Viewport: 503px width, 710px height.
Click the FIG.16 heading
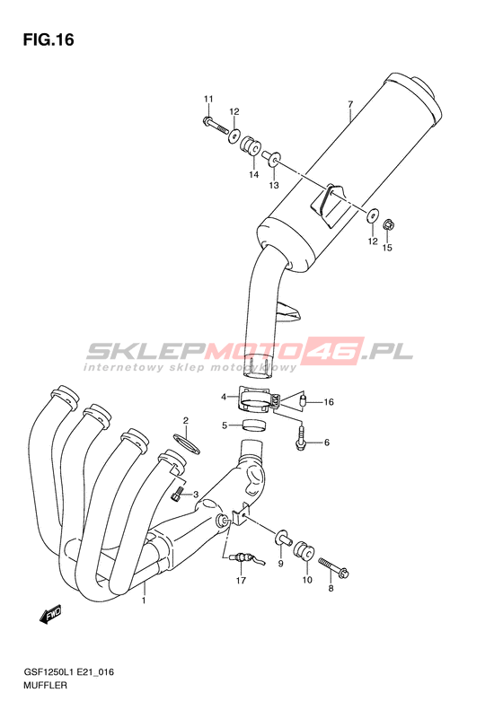(49, 39)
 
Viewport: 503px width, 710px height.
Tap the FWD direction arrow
(51, 615)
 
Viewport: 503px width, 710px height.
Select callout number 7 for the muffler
(349, 105)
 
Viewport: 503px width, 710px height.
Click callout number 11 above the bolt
(208, 99)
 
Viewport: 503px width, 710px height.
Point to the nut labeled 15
(388, 224)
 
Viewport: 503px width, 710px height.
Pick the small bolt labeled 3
(176, 493)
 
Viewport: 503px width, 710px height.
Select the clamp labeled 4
(260, 399)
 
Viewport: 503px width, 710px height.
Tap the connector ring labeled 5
(253, 425)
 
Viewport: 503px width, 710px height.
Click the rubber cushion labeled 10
(304, 550)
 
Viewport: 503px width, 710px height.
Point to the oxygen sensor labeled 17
(244, 558)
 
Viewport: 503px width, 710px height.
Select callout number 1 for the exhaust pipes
(144, 600)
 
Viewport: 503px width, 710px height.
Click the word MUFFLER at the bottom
(44, 685)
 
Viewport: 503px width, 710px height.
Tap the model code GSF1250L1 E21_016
(68, 672)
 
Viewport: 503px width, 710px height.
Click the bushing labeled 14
(249, 145)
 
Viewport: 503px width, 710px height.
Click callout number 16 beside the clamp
(329, 402)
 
